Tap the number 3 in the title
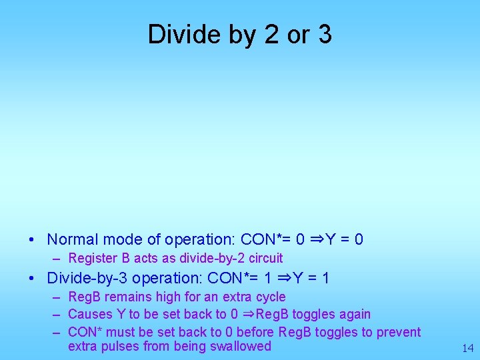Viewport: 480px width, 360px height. click(x=324, y=35)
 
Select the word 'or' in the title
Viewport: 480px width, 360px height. click(x=297, y=36)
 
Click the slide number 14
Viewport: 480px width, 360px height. click(x=467, y=347)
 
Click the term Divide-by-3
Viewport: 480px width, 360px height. click(x=85, y=277)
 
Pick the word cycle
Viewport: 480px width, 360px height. click(x=269, y=297)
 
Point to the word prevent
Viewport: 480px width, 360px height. click(x=399, y=332)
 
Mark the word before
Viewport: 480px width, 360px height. click(x=253, y=332)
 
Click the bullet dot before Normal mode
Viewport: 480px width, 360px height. click(x=32, y=239)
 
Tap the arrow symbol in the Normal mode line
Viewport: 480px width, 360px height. click(x=317, y=239)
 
